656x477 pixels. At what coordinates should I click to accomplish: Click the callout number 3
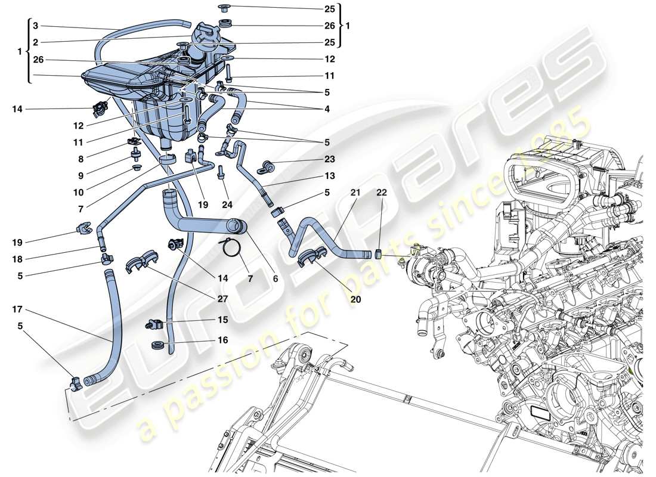point(35,26)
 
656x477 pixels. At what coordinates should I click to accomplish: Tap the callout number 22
point(381,192)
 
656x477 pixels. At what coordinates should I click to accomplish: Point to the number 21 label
point(356,192)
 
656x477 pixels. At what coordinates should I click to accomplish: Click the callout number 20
point(356,300)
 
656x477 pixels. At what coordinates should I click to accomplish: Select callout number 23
point(330,159)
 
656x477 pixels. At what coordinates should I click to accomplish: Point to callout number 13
point(330,176)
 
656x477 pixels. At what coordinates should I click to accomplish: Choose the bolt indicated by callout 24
point(221,173)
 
